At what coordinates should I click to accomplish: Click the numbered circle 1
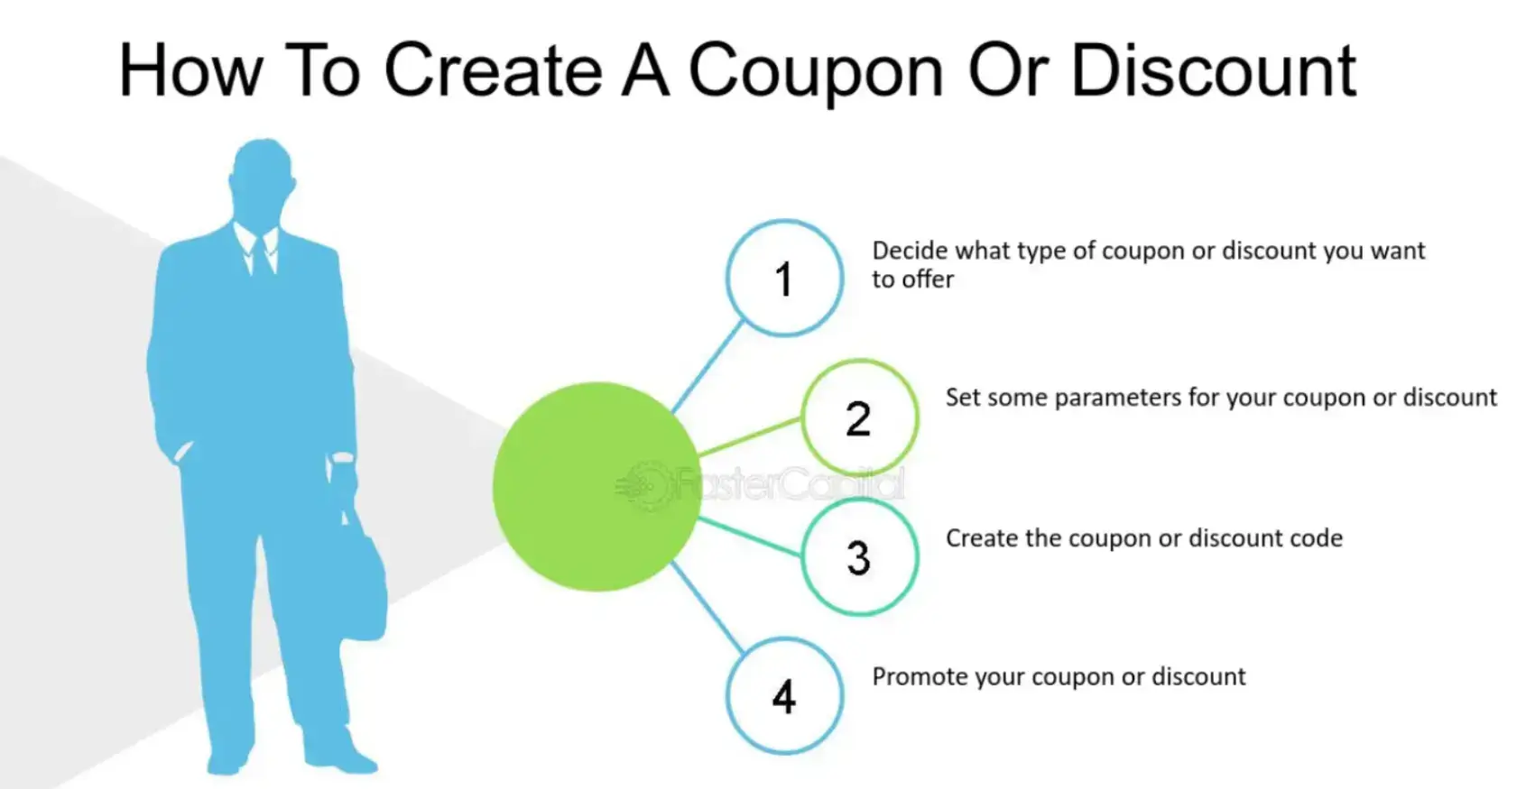[784, 278]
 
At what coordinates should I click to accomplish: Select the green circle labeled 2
[859, 418]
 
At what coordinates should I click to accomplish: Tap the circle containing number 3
[859, 557]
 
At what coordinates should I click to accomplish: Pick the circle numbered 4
[784, 696]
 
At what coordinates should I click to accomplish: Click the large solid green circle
[596, 487]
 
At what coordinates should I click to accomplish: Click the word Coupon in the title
[816, 72]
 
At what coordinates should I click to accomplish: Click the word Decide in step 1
[910, 251]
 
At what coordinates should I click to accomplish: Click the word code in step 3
[1317, 538]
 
